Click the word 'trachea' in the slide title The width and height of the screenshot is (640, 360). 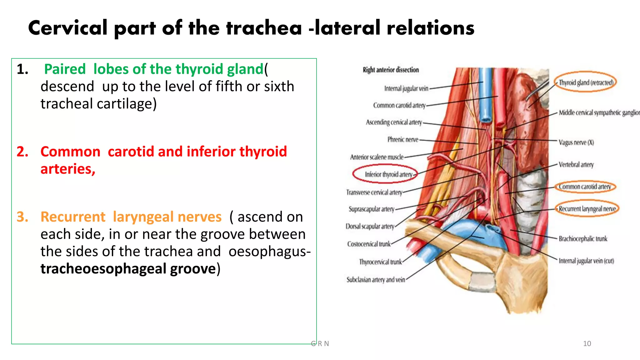point(264,28)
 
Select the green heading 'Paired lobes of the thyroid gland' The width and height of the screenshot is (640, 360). point(154,69)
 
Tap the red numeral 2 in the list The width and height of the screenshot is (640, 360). point(22,152)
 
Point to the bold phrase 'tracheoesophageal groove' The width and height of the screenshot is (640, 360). point(128,269)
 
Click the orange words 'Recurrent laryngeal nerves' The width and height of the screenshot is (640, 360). point(131,217)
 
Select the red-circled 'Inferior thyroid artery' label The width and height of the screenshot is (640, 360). point(388,174)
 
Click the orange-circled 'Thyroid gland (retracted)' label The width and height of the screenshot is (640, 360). point(586,82)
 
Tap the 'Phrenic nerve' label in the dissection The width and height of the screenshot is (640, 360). point(403,139)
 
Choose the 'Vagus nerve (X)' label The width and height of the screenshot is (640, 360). point(576,142)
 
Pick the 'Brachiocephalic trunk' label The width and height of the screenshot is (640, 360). point(583,239)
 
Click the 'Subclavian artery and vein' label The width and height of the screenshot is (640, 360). point(375,280)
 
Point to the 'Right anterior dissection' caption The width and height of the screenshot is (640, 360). point(391,70)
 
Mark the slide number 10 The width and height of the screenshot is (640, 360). point(587,344)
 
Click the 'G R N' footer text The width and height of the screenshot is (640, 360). point(320,344)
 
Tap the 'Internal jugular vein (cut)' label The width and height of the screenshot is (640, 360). point(586,261)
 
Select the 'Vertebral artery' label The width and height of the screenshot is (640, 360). point(576,164)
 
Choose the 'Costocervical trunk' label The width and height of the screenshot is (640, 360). point(369,244)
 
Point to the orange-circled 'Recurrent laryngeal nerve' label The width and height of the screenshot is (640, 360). point(587,209)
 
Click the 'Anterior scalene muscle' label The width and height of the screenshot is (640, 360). point(377,157)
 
